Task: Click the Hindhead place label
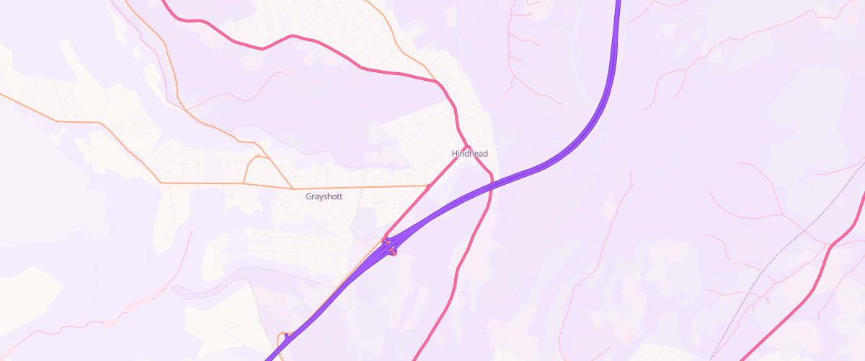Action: (469, 154)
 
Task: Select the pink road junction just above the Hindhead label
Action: (467, 147)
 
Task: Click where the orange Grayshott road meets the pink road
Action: (429, 186)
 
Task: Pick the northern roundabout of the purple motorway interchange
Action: (386, 240)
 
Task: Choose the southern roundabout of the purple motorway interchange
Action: (393, 251)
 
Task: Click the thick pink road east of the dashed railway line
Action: (829, 253)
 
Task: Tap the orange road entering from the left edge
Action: (43, 109)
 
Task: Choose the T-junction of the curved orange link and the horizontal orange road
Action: (244, 183)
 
